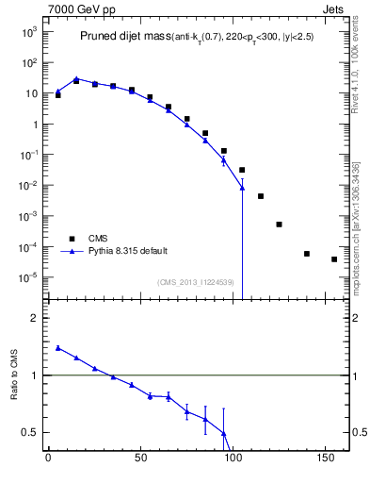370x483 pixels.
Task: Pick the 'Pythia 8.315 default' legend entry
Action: click(x=128, y=251)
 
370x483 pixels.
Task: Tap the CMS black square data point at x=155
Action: click(x=334, y=259)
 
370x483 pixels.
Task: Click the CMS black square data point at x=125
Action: click(x=279, y=225)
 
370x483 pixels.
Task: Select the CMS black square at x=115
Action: click(x=261, y=196)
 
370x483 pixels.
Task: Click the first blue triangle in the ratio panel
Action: click(x=58, y=348)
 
